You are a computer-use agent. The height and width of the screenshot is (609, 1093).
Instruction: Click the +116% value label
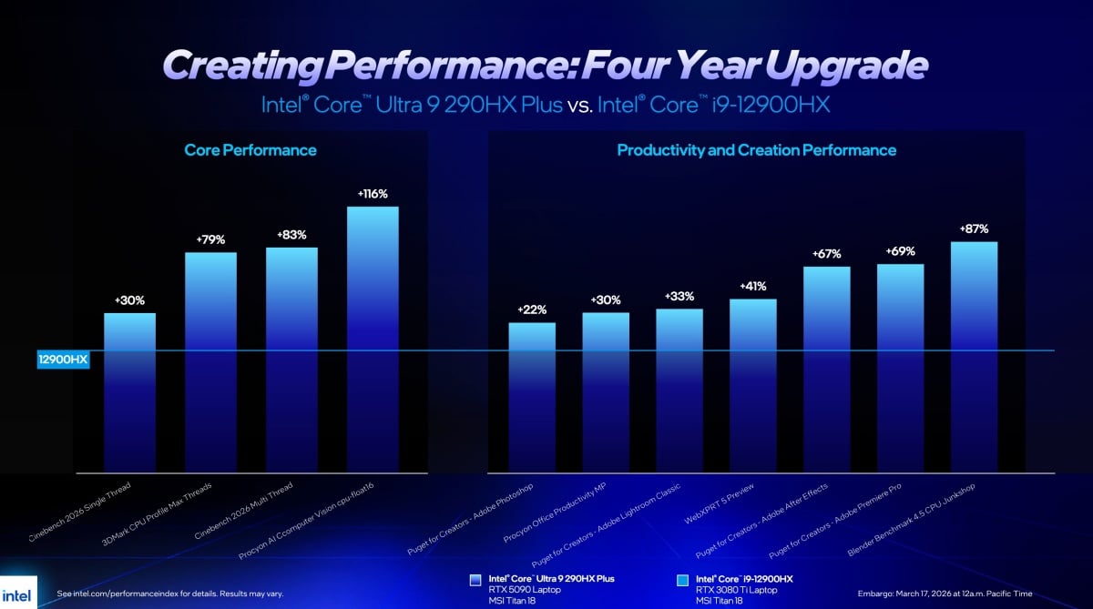(x=373, y=194)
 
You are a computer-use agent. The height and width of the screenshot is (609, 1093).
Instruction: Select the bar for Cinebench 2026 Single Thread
(x=129, y=391)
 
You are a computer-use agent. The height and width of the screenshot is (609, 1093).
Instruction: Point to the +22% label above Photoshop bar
(x=532, y=310)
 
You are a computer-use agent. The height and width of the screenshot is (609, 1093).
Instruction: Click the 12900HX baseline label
(x=63, y=360)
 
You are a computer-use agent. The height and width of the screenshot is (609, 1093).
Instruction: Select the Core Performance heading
(x=250, y=150)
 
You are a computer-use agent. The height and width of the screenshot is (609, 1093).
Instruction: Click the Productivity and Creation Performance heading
(x=756, y=150)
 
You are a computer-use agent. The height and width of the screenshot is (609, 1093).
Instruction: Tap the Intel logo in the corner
(x=18, y=591)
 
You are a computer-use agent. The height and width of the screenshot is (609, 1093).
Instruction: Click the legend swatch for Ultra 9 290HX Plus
(x=475, y=579)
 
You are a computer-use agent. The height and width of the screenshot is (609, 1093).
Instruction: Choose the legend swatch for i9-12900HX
(x=682, y=579)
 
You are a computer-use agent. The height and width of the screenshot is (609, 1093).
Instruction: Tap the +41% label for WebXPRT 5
(x=752, y=286)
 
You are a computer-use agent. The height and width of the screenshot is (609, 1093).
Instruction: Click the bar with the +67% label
(x=826, y=369)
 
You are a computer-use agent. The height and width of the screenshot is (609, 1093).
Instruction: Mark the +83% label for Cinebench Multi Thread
(x=291, y=235)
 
